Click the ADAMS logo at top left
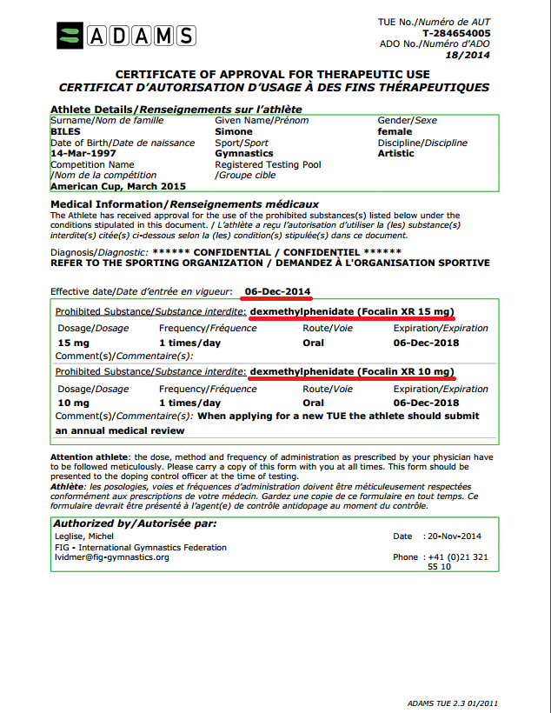[126, 36]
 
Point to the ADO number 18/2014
[470, 55]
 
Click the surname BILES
[65, 131]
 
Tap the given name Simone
[234, 131]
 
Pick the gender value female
[395, 131]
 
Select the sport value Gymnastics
[244, 153]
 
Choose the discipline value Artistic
[396, 153]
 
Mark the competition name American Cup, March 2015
[118, 185]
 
